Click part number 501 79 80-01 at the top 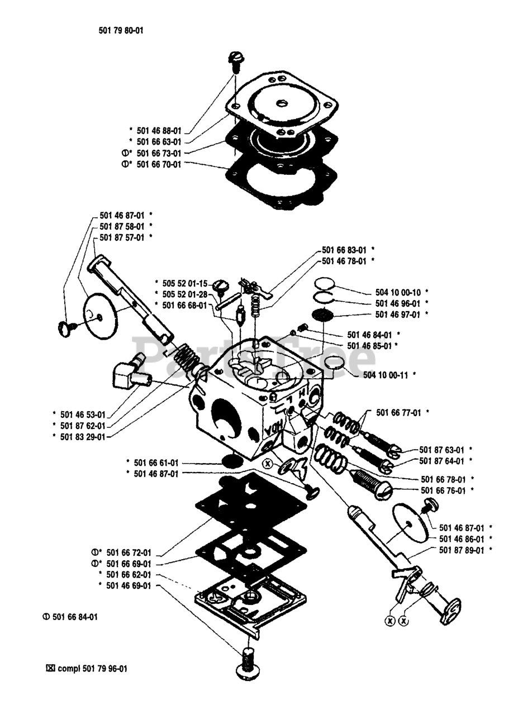[x=121, y=31]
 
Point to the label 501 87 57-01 [x=122, y=237]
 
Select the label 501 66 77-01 [x=399, y=412]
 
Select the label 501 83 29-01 [x=82, y=437]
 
